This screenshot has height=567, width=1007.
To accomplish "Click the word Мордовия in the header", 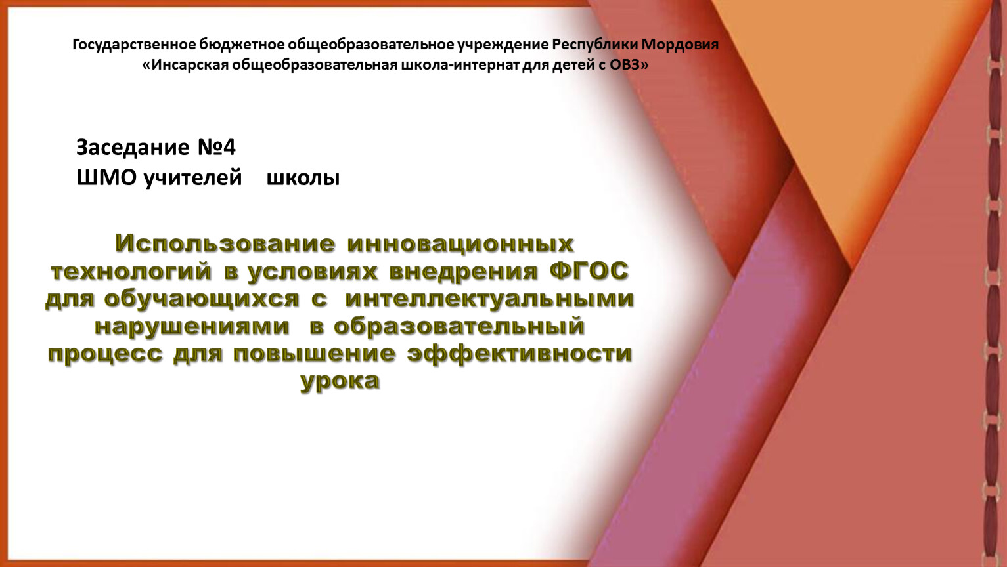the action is [680, 45].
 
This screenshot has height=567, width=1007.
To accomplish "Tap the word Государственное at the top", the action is [134, 45].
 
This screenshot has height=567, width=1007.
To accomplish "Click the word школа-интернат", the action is [459, 66].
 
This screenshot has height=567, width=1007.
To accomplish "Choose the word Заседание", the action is [133, 148].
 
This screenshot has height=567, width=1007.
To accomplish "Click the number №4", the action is [216, 148].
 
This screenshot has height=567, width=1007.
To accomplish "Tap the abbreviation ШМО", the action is [106, 178].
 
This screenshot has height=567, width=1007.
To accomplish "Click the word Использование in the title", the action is [225, 244].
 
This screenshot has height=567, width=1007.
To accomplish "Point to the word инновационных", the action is [460, 244].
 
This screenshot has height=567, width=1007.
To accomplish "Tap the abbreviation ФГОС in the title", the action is [589, 271].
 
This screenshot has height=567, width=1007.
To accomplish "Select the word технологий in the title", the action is [131, 272].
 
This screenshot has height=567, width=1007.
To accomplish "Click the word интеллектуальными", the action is [489, 299].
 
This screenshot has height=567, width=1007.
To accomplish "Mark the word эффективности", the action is [520, 354].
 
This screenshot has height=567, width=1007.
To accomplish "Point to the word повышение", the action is [315, 354].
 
